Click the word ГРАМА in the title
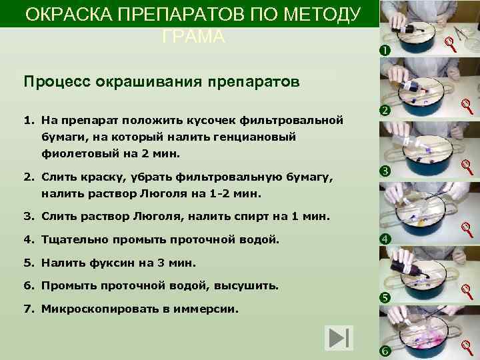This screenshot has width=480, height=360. pyautogui.click(x=193, y=37)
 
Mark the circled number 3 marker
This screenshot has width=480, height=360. pyautogui.click(x=385, y=173)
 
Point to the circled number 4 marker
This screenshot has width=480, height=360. pyautogui.click(x=385, y=239)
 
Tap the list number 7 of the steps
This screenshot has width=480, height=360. pyautogui.click(x=28, y=309)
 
